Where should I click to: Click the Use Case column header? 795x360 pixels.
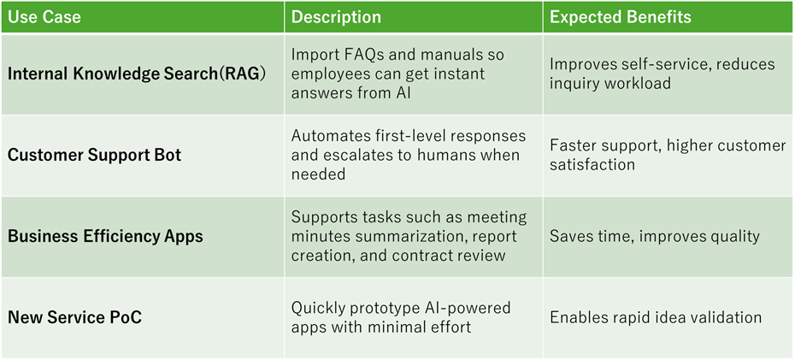click(44, 17)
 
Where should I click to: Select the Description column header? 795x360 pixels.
click(336, 17)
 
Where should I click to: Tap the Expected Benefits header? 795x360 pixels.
click(621, 17)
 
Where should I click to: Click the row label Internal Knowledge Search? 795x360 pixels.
click(112, 74)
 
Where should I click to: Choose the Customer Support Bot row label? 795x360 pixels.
click(94, 155)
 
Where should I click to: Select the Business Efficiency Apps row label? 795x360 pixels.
click(105, 236)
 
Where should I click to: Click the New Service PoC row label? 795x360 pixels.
click(74, 317)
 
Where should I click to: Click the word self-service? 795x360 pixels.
click(661, 64)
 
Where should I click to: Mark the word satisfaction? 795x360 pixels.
click(592, 165)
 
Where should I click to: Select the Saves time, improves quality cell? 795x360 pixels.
click(655, 236)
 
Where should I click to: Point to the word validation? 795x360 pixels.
click(726, 317)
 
